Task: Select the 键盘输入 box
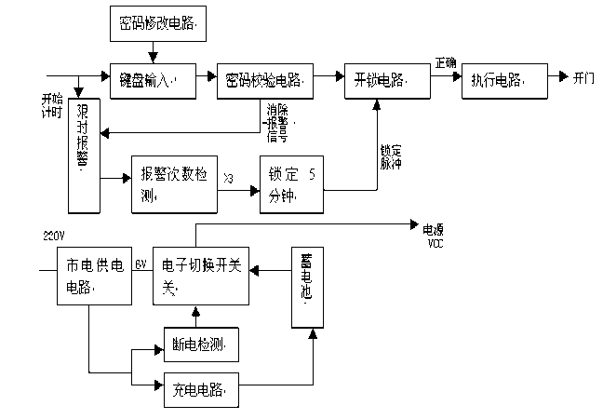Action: (x=153, y=82)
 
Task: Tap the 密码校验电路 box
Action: (x=264, y=82)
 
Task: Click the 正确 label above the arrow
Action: (x=445, y=63)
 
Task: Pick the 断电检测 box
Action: (x=202, y=345)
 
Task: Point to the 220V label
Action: (x=55, y=234)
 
